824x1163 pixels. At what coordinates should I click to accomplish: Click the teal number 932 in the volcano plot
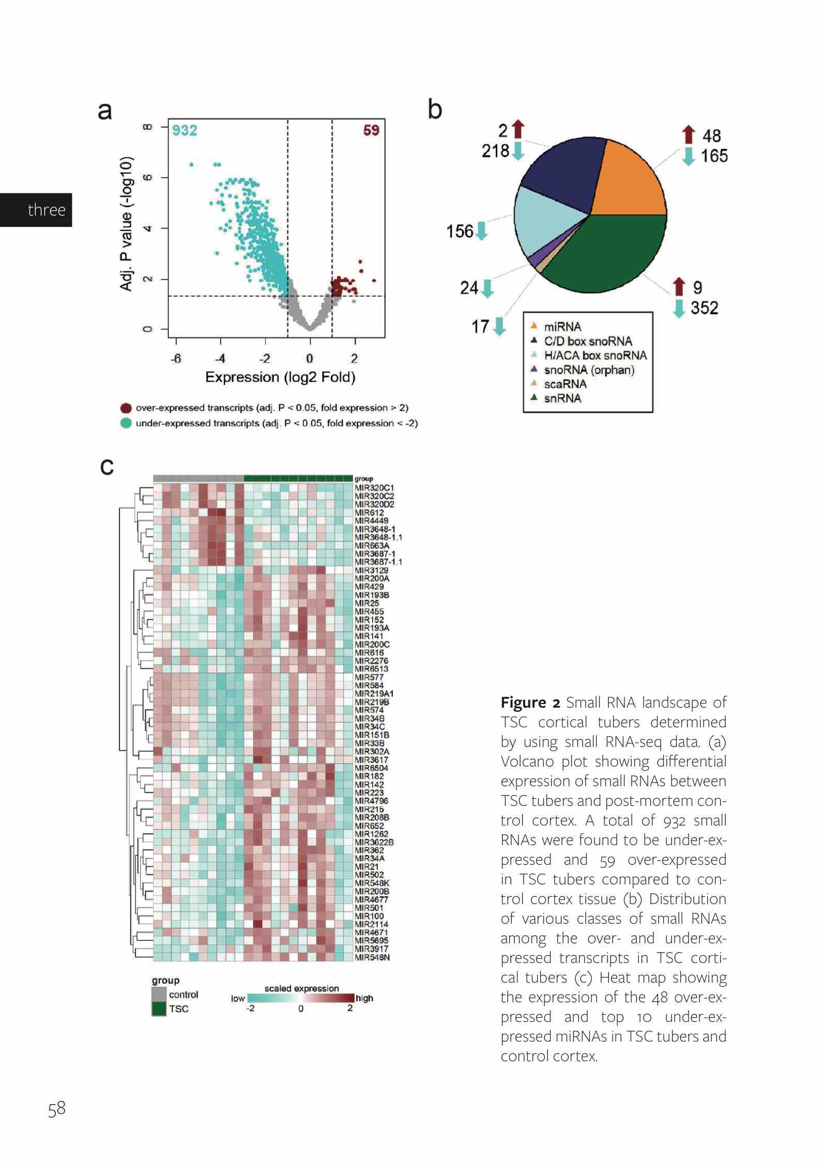[185, 130]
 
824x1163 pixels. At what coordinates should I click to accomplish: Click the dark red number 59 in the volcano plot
[371, 130]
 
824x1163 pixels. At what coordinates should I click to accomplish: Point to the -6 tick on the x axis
[176, 358]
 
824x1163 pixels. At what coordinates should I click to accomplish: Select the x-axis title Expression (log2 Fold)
[280, 377]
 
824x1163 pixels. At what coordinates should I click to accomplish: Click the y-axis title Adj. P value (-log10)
[127, 223]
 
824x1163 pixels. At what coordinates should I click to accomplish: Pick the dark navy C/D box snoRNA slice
[563, 171]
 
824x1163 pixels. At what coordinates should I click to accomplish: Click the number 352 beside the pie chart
[704, 308]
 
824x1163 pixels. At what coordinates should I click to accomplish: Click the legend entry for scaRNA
[565, 384]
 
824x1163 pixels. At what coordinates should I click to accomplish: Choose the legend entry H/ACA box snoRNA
[595, 356]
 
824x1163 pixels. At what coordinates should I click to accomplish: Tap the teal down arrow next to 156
[482, 231]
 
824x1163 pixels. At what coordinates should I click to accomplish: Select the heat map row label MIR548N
[372, 957]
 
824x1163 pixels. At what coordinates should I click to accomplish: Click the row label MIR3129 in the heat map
[371, 570]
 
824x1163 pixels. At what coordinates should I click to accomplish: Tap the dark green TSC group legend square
[159, 1008]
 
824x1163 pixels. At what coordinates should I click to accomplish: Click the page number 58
[57, 1109]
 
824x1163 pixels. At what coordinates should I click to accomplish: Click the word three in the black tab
[47, 210]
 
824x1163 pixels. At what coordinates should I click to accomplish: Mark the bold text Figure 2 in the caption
[530, 702]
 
